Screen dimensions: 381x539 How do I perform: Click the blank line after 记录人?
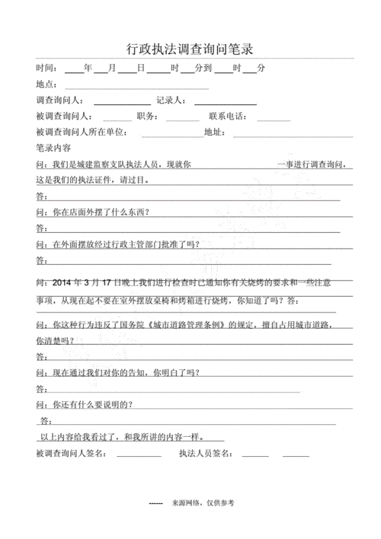click(227, 103)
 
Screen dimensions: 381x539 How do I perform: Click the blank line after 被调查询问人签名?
click(139, 456)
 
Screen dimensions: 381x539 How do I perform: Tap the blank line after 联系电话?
click(274, 120)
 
